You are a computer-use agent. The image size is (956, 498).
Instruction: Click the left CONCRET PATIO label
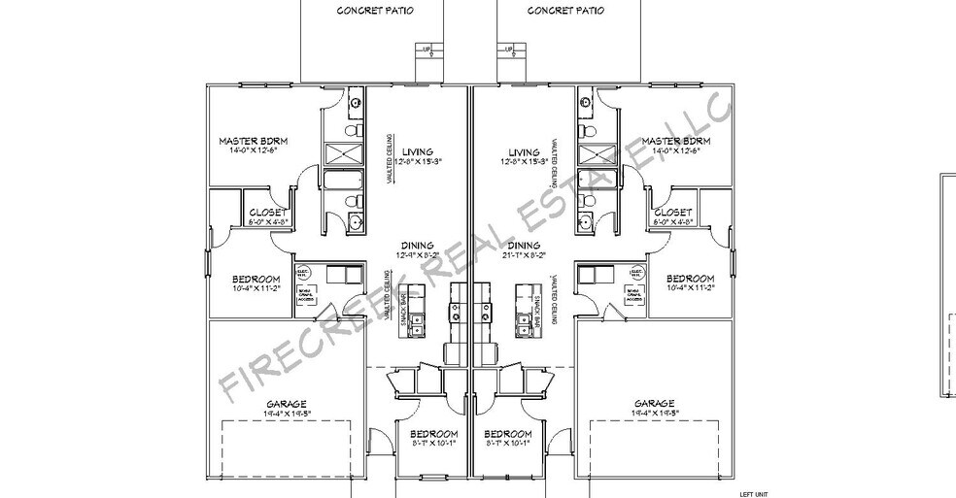[x=375, y=11]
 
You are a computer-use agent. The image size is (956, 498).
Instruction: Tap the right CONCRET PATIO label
[x=565, y=11]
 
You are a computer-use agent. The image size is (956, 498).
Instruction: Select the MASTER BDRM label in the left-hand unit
[x=254, y=141]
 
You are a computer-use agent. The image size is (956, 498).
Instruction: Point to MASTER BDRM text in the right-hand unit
[x=675, y=141]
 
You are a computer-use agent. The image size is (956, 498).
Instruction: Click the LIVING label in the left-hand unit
[x=418, y=152]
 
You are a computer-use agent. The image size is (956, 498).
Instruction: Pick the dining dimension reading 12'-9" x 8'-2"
[x=418, y=255]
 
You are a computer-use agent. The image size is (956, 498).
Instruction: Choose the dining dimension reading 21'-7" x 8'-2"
[x=523, y=255]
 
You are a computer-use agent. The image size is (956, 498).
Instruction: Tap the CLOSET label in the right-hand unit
[x=672, y=212]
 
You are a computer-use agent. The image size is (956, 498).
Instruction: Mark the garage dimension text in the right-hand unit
[x=654, y=414]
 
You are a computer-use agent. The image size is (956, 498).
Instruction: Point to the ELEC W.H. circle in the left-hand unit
[x=302, y=273]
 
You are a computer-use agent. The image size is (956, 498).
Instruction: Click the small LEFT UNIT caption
[x=754, y=493]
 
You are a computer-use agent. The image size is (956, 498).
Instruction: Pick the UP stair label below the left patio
[x=427, y=48]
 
